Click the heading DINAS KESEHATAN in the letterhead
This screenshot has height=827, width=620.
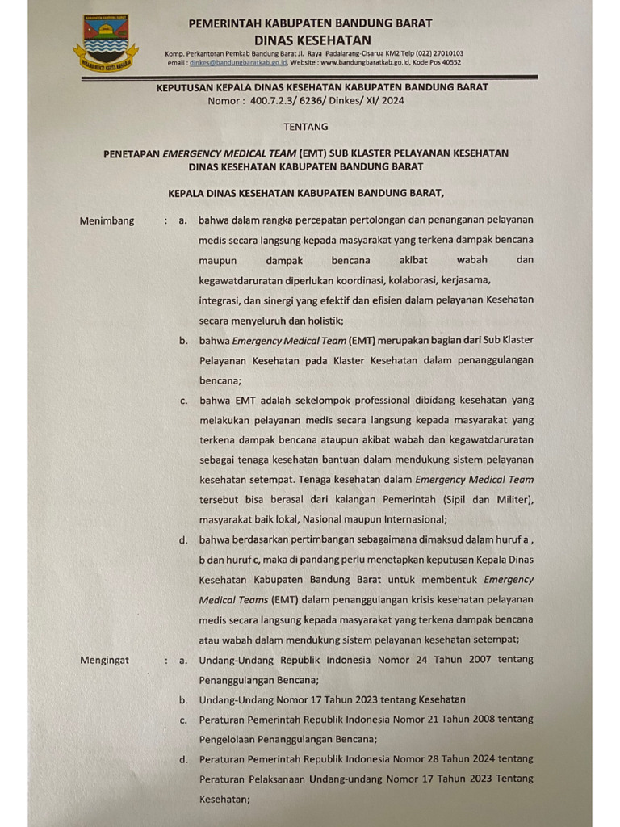[x=312, y=40]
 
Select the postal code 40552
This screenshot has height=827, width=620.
[x=447, y=61]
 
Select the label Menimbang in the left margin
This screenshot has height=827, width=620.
[x=107, y=220]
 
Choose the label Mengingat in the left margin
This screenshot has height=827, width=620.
[x=104, y=660]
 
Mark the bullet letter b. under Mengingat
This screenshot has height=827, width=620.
[x=184, y=699]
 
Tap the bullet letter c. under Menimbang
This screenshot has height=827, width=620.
[x=184, y=400]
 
